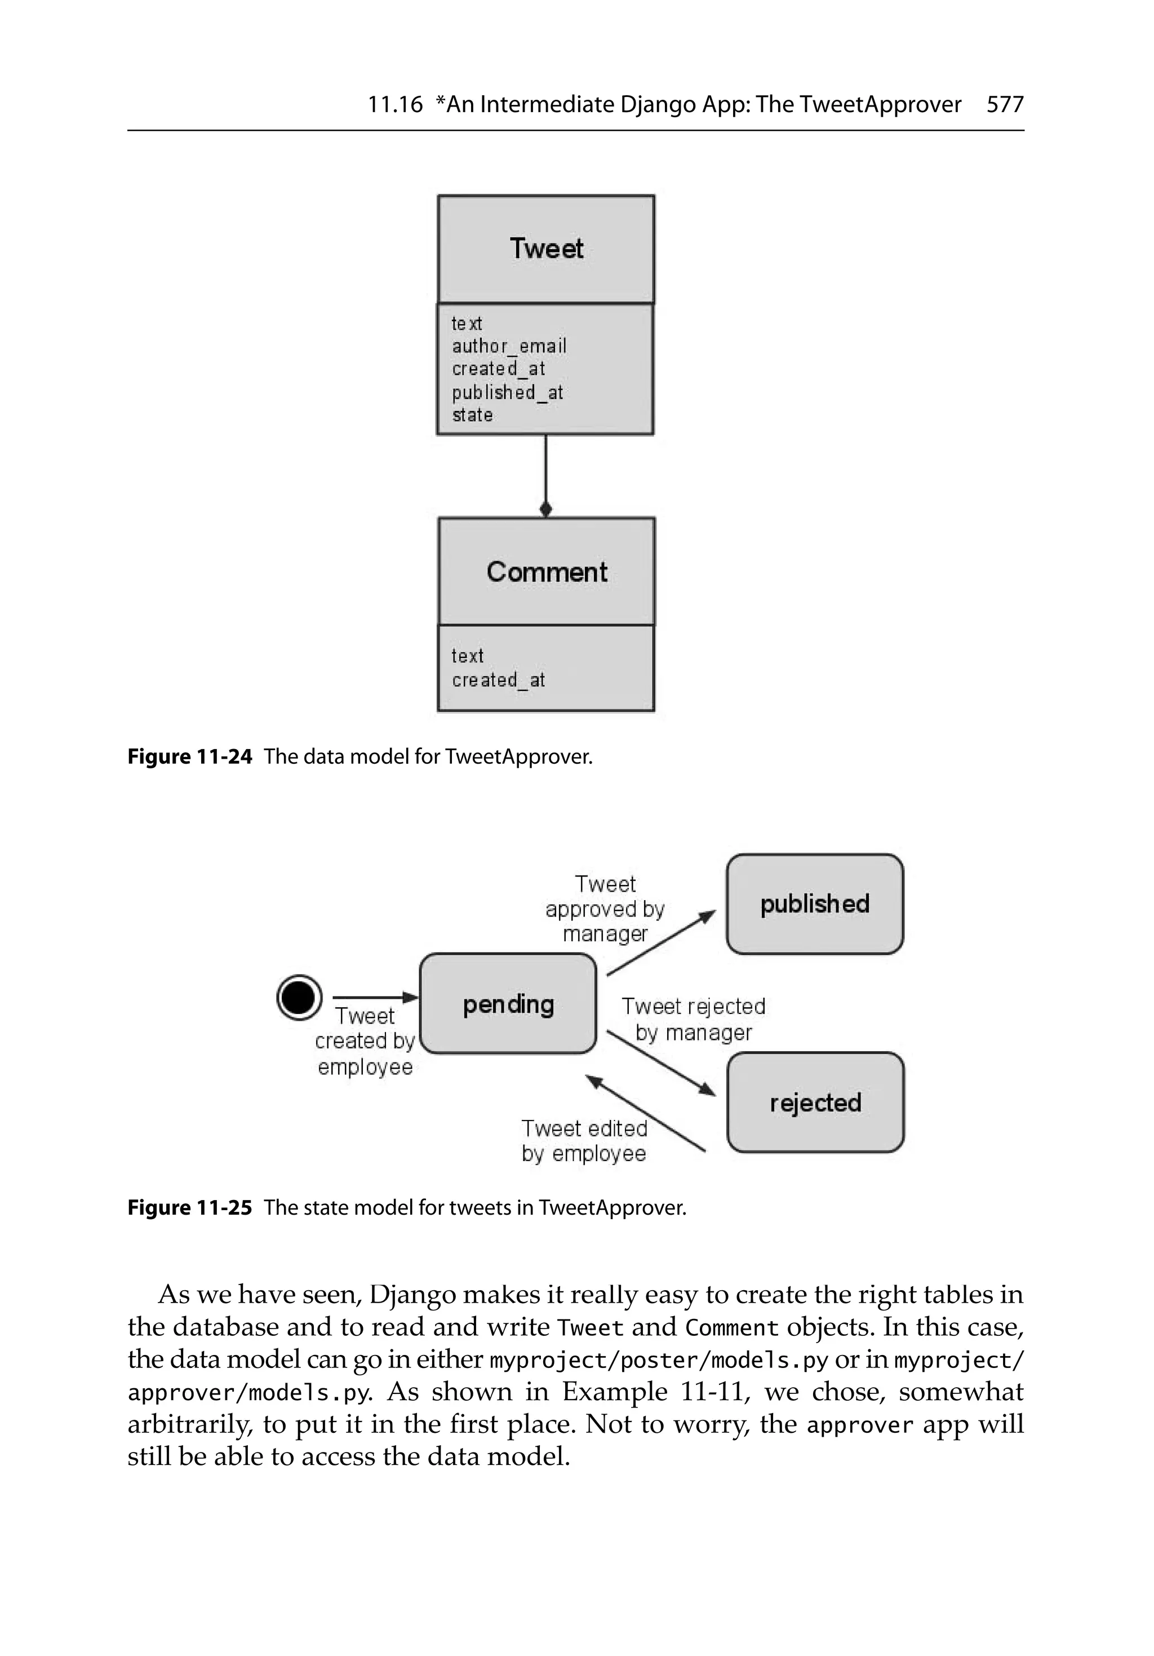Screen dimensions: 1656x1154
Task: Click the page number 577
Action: (1004, 105)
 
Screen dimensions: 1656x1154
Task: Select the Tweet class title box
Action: (546, 249)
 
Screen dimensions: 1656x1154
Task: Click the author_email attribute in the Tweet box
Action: (508, 346)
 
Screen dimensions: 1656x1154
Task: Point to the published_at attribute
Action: (507, 392)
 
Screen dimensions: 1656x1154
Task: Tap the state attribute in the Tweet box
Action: (472, 415)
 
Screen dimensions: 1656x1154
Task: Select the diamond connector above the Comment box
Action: (546, 509)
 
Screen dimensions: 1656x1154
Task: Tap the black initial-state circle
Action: (299, 998)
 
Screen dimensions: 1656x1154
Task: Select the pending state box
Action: (508, 1004)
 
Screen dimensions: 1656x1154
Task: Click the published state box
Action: (814, 904)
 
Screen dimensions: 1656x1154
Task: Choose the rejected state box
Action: (815, 1102)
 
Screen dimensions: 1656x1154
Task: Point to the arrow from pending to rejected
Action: (660, 1063)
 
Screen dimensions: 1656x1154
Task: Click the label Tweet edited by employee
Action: (584, 1140)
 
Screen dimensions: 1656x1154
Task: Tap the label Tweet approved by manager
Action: (605, 909)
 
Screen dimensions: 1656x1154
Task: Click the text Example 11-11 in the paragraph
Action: (652, 1391)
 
